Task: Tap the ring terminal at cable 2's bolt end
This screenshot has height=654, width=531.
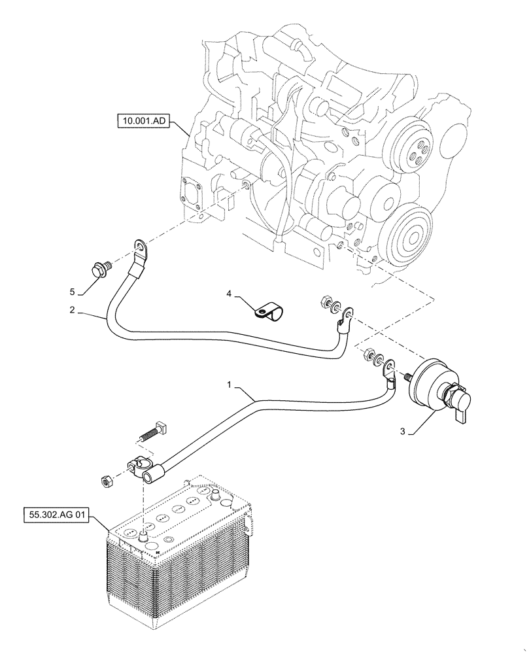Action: click(x=141, y=249)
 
